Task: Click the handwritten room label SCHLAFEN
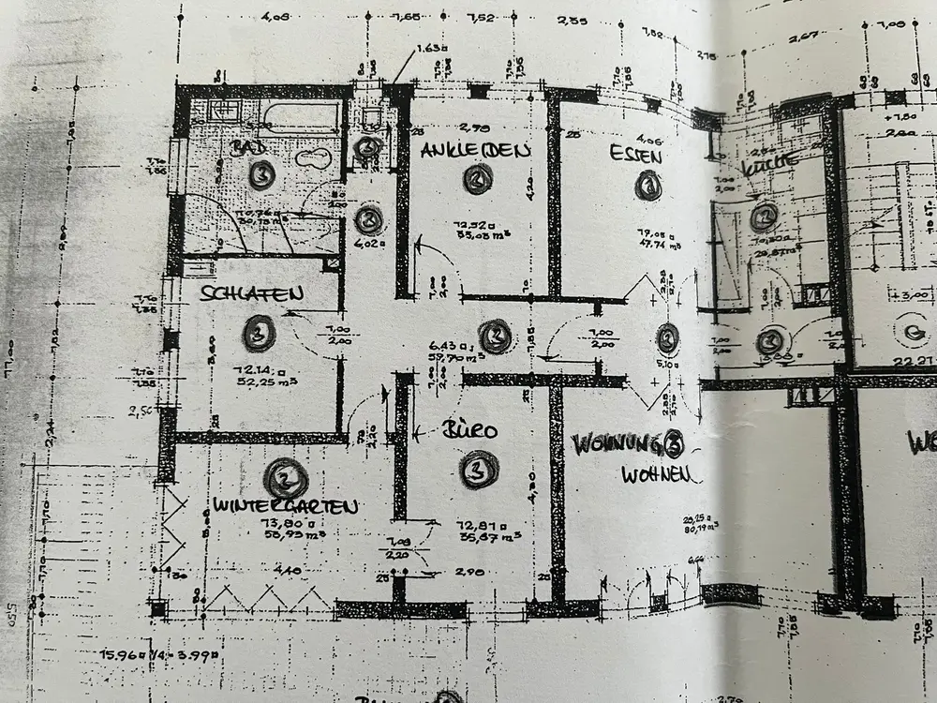251,293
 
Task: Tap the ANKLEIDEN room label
476,150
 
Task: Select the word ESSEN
635,155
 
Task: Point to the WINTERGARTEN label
285,507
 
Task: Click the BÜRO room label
469,432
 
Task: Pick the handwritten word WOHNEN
660,474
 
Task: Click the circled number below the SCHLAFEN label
257,330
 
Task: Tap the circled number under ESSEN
647,186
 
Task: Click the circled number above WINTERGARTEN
284,479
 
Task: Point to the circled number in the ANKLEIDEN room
478,179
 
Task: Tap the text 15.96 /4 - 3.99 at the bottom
165,654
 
